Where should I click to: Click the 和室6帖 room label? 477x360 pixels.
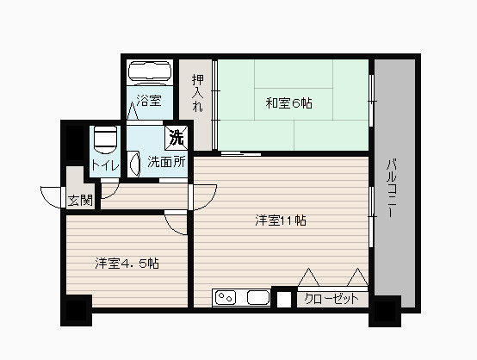pyautogui.click(x=288, y=103)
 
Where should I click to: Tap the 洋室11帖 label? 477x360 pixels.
pyautogui.click(x=281, y=220)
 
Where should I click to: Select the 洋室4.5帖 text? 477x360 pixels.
pyautogui.click(x=127, y=264)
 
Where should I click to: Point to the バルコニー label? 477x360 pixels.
pyautogui.click(x=393, y=188)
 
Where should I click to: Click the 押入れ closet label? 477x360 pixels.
pyautogui.click(x=198, y=93)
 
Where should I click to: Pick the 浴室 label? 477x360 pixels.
pyautogui.click(x=149, y=100)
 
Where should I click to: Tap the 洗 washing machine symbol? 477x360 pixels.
pyautogui.click(x=177, y=138)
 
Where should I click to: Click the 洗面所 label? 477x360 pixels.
pyautogui.click(x=166, y=162)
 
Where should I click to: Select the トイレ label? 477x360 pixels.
pyautogui.click(x=105, y=165)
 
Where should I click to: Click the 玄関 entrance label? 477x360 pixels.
pyautogui.click(x=80, y=200)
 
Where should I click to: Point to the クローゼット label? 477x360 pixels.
pyautogui.click(x=331, y=299)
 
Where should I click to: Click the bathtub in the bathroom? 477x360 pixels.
pyautogui.click(x=150, y=72)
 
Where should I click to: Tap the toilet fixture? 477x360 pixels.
pyautogui.click(x=105, y=140)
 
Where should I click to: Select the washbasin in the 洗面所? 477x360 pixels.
pyautogui.click(x=134, y=164)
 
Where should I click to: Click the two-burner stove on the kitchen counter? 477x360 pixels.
pyautogui.click(x=226, y=297)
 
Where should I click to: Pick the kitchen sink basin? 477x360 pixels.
pyautogui.click(x=258, y=297)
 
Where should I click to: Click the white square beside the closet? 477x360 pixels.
pyautogui.click(x=284, y=299)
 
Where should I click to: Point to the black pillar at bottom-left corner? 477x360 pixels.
pyautogui.click(x=77, y=310)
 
